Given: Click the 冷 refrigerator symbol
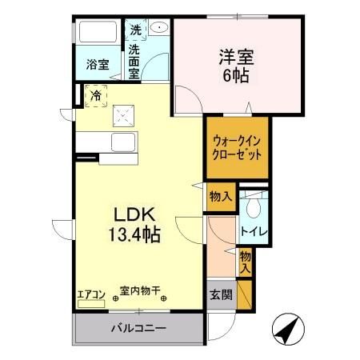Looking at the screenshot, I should (95, 97).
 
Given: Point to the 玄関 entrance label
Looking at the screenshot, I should (222, 295).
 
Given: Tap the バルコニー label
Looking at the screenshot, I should (138, 329).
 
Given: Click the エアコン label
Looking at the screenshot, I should (90, 293).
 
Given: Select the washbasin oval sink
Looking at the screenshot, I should (160, 28).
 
